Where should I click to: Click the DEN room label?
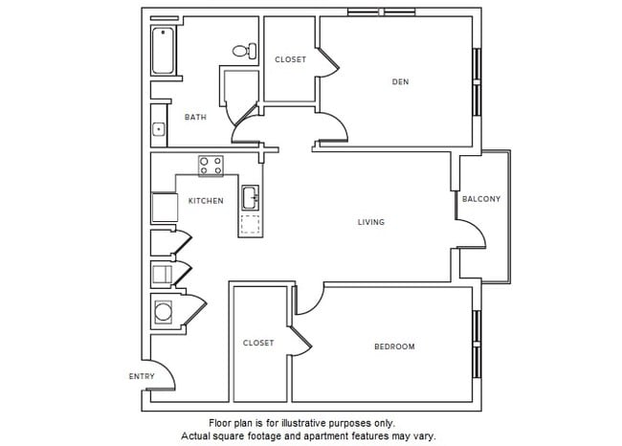400,82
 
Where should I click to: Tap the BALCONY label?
480,199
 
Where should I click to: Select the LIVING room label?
371,222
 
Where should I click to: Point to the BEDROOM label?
394,346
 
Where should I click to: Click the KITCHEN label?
206,201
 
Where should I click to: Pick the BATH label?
195,118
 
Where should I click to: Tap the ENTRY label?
142,376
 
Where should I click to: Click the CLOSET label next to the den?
291,59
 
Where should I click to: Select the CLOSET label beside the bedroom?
258,343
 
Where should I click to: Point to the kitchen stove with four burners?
211,165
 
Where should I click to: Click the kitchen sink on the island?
251,198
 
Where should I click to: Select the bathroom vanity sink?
158,128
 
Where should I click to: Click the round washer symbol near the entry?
162,312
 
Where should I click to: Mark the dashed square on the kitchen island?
251,226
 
